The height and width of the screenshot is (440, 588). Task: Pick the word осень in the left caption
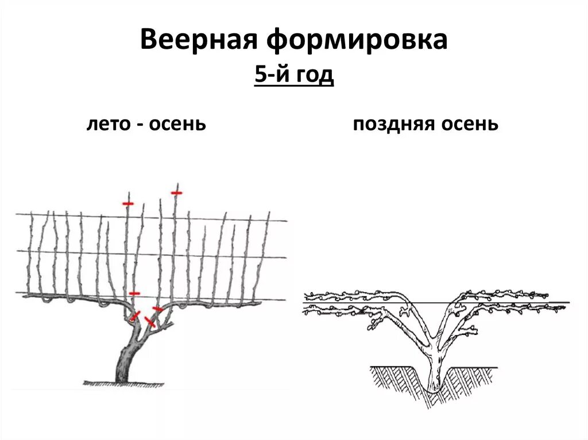(177, 123)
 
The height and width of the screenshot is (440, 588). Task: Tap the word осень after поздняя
(470, 123)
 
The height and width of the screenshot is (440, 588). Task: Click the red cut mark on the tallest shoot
(176, 193)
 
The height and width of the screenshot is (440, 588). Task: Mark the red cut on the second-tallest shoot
(127, 203)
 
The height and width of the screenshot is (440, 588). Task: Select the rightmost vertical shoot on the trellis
(265, 252)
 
